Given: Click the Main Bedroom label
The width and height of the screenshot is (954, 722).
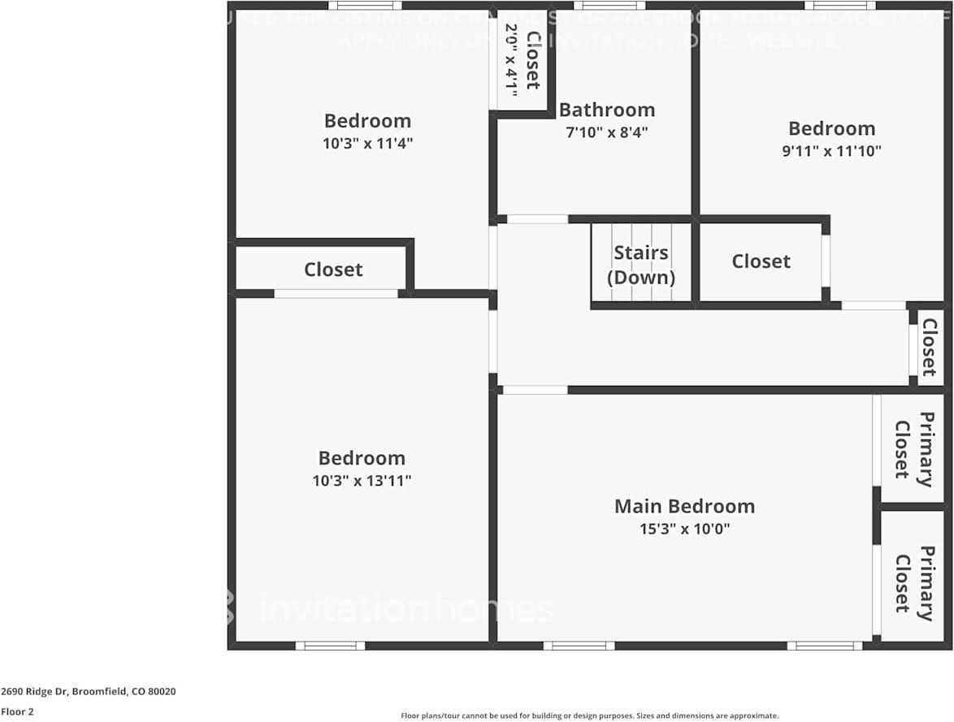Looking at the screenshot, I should pyautogui.click(x=684, y=506).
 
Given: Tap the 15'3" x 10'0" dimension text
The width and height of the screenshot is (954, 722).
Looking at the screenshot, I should pyautogui.click(x=684, y=530).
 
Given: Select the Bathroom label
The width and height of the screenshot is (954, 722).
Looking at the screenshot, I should pyautogui.click(x=606, y=110).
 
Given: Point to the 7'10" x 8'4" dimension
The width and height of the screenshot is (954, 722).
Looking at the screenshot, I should pyautogui.click(x=606, y=132).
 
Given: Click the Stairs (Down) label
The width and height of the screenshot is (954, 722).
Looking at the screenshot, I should pyautogui.click(x=641, y=265).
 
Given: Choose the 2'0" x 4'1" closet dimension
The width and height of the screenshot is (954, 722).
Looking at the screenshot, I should pyautogui.click(x=511, y=56).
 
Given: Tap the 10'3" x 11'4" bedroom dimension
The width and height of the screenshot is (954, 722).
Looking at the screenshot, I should pyautogui.click(x=367, y=144).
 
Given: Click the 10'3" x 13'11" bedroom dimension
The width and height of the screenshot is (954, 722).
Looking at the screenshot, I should pyautogui.click(x=362, y=481).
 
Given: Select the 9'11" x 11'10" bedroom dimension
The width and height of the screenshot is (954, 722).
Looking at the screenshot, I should pyautogui.click(x=831, y=151).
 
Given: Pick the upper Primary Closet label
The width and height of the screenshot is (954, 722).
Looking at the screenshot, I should pyautogui.click(x=913, y=448).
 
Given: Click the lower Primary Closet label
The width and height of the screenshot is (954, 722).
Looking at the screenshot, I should pyautogui.click(x=913, y=583).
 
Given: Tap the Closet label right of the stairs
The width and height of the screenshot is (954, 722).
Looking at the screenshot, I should pyautogui.click(x=761, y=262).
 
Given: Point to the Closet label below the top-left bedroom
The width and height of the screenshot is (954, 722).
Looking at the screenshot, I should pyautogui.click(x=333, y=270).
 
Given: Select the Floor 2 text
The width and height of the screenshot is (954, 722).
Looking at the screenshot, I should pyautogui.click(x=17, y=711).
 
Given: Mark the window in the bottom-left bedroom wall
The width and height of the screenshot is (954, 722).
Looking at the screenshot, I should pyautogui.click(x=330, y=646).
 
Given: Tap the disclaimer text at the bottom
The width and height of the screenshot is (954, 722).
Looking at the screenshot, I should pyautogui.click(x=589, y=716).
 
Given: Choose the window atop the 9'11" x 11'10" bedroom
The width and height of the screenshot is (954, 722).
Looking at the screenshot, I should pyautogui.click(x=839, y=6).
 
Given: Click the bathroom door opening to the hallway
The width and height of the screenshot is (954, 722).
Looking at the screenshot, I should pyautogui.click(x=537, y=219).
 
